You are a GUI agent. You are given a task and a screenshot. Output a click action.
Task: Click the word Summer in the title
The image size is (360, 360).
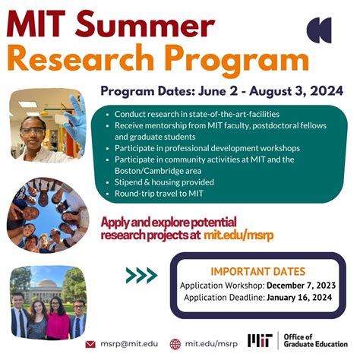[x=145, y=24]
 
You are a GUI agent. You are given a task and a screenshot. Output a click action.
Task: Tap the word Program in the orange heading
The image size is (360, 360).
[x=238, y=60]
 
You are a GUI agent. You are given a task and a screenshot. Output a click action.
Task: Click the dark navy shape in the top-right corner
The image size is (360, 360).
[x=319, y=30]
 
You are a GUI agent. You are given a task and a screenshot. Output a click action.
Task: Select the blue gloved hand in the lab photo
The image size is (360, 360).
[x=74, y=119]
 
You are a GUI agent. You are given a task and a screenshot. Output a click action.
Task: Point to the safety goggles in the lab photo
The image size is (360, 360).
[x=32, y=131]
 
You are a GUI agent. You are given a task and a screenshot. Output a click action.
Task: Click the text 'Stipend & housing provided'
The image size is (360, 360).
[x=164, y=182]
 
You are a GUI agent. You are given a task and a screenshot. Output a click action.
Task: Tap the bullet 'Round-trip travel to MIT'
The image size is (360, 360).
[x=159, y=194]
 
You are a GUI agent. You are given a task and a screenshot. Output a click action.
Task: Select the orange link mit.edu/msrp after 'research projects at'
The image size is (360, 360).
[x=238, y=235]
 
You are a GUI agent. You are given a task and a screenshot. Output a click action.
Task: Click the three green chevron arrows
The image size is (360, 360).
[x=141, y=275]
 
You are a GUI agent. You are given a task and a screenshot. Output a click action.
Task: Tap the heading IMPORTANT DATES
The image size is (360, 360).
[x=258, y=272]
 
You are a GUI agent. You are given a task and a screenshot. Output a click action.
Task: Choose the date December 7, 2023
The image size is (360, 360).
[x=302, y=286]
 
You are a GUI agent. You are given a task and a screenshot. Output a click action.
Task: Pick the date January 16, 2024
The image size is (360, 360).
[x=299, y=297]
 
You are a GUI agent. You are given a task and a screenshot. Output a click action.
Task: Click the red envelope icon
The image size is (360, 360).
[x=90, y=344]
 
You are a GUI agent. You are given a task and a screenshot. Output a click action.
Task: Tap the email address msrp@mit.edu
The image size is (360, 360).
[x=129, y=344]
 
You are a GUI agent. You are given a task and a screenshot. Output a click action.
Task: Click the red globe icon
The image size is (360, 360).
[x=175, y=344]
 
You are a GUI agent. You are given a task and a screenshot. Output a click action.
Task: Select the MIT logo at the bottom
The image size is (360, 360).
[x=260, y=340]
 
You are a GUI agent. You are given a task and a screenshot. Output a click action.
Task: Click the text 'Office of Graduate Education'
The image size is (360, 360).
[x=315, y=340]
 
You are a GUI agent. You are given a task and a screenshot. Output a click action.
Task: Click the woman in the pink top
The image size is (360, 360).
[x=57, y=318]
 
